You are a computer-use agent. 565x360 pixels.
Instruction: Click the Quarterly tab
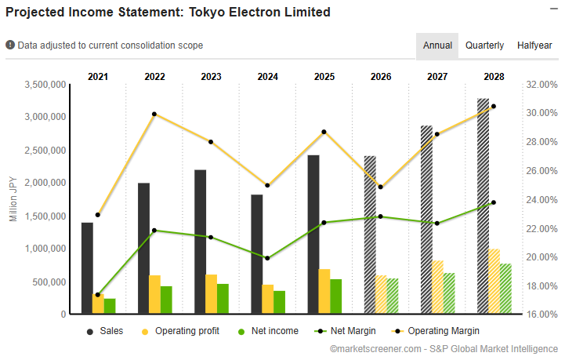[484, 45]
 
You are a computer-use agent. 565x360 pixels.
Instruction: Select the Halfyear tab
[534, 45]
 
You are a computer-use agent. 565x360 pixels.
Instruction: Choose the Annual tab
[437, 45]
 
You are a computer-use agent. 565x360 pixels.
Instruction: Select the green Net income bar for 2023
[223, 299]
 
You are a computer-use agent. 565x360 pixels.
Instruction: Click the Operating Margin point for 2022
[154, 114]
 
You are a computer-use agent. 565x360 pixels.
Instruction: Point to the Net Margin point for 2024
[267, 258]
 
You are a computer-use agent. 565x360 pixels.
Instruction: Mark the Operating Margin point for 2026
[380, 187]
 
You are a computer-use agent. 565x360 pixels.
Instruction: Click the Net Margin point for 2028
[493, 202]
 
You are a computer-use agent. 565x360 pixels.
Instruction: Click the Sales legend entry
[104, 331]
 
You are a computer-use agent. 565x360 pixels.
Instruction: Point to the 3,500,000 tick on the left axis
[45, 84]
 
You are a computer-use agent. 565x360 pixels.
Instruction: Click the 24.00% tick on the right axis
[541, 199]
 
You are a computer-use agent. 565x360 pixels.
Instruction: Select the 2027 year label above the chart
[437, 77]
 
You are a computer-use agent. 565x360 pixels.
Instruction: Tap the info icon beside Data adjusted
[10, 45]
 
